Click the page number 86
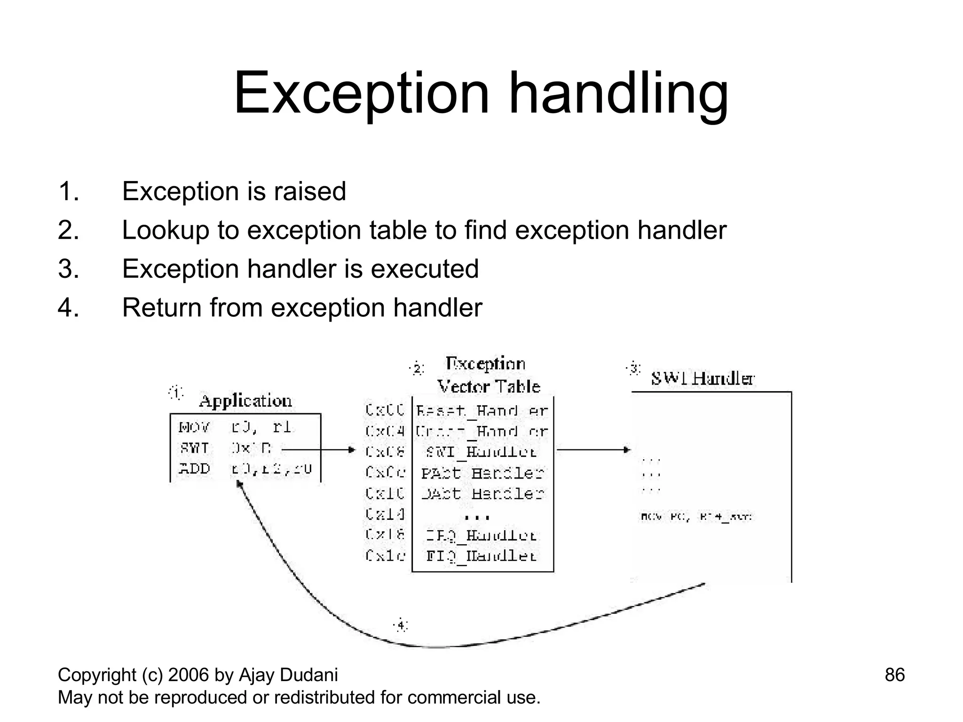894,675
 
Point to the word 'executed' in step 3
425,269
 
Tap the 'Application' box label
245,401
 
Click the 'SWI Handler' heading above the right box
703,378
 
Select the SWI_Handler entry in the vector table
481,452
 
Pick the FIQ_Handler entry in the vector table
481,556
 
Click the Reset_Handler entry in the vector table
482,411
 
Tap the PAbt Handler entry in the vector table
482,473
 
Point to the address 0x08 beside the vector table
385,452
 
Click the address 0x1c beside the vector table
385,556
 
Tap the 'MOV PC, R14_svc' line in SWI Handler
696,517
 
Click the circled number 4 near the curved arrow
401,625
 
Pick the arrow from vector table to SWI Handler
592,450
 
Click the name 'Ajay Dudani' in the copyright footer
288,675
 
